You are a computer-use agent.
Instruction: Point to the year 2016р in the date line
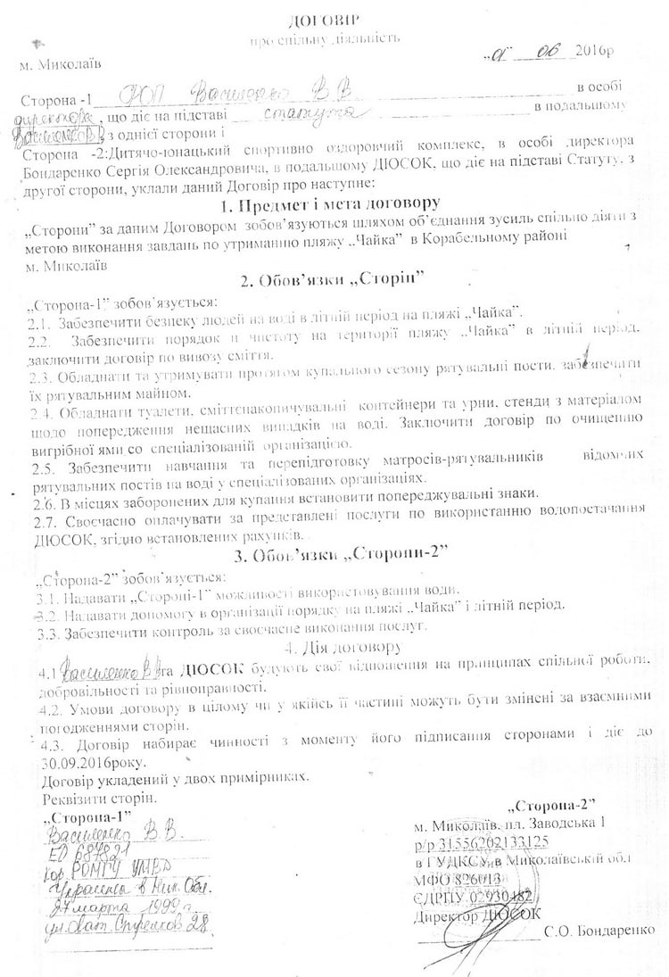(596, 52)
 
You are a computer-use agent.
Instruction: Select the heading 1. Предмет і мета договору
(334, 203)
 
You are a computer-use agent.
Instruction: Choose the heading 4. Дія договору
(335, 647)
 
